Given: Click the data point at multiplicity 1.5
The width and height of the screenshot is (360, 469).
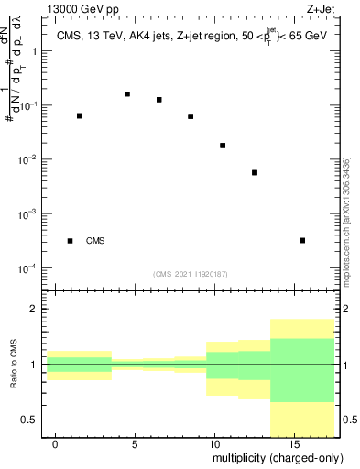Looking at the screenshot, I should [80, 115].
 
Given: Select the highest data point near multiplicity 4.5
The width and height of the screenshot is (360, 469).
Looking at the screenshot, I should [127, 93].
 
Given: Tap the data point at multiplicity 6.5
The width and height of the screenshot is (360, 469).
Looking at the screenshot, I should [159, 100].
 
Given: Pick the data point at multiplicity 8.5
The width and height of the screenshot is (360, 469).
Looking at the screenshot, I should [191, 116].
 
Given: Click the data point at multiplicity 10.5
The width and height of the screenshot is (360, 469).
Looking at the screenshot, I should [223, 146].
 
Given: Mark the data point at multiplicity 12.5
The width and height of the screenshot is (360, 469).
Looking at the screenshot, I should [255, 172].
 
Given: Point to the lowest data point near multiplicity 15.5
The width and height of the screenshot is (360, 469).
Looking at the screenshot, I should [302, 240].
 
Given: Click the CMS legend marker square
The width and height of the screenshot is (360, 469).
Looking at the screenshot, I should [71, 241].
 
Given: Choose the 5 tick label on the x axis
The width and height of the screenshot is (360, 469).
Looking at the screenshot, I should [135, 443].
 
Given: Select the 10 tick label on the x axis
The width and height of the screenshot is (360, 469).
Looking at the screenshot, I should [213, 443].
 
